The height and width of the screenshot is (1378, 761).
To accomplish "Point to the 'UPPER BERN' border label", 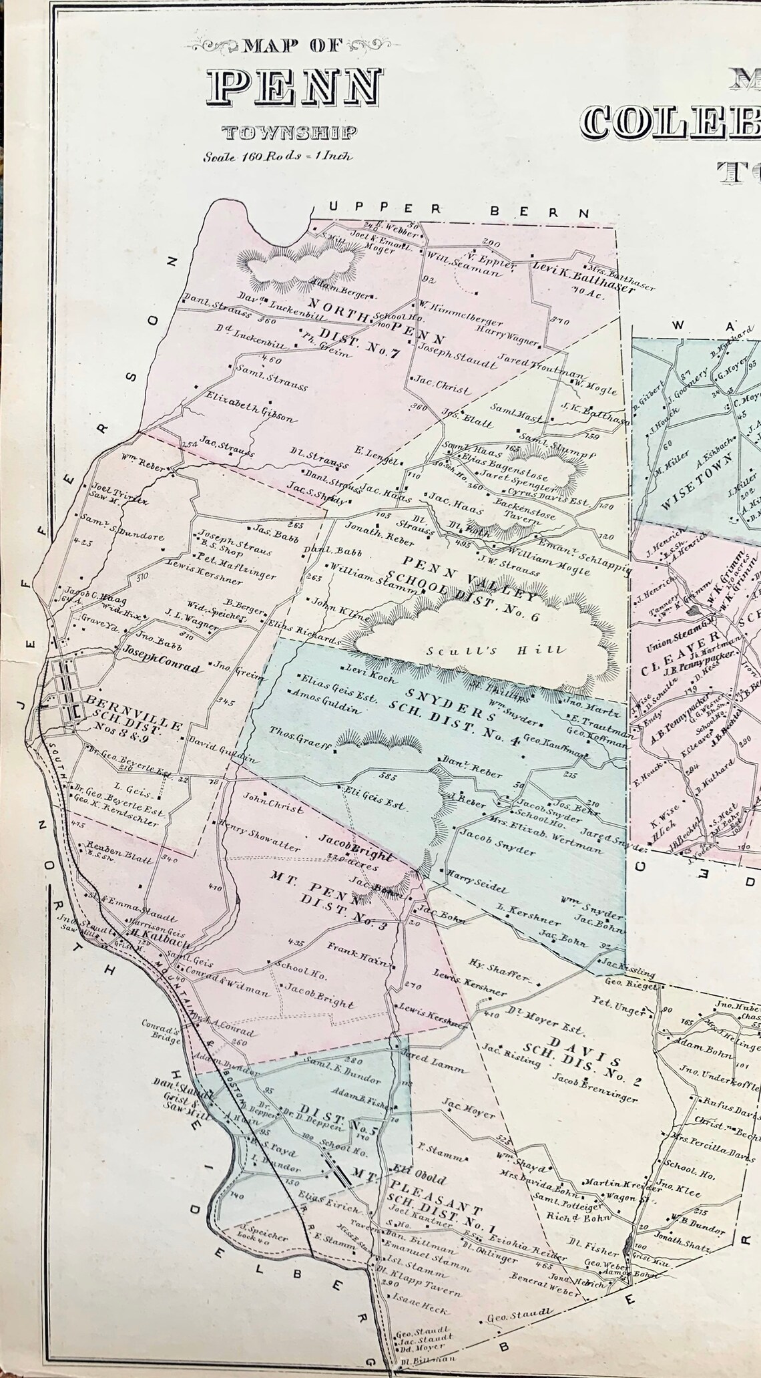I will point(460,210).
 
